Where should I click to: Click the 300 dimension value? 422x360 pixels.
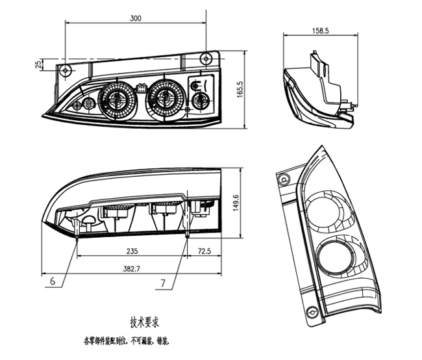[x=135, y=18]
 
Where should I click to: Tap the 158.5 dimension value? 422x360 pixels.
[x=321, y=31]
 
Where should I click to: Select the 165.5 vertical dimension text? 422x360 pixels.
[x=240, y=89]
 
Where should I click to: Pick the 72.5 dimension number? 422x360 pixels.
[x=205, y=250]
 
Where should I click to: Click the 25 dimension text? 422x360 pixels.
[x=38, y=64]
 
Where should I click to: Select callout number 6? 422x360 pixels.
[x=51, y=281]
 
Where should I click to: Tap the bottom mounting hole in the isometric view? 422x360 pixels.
[x=313, y=316]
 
